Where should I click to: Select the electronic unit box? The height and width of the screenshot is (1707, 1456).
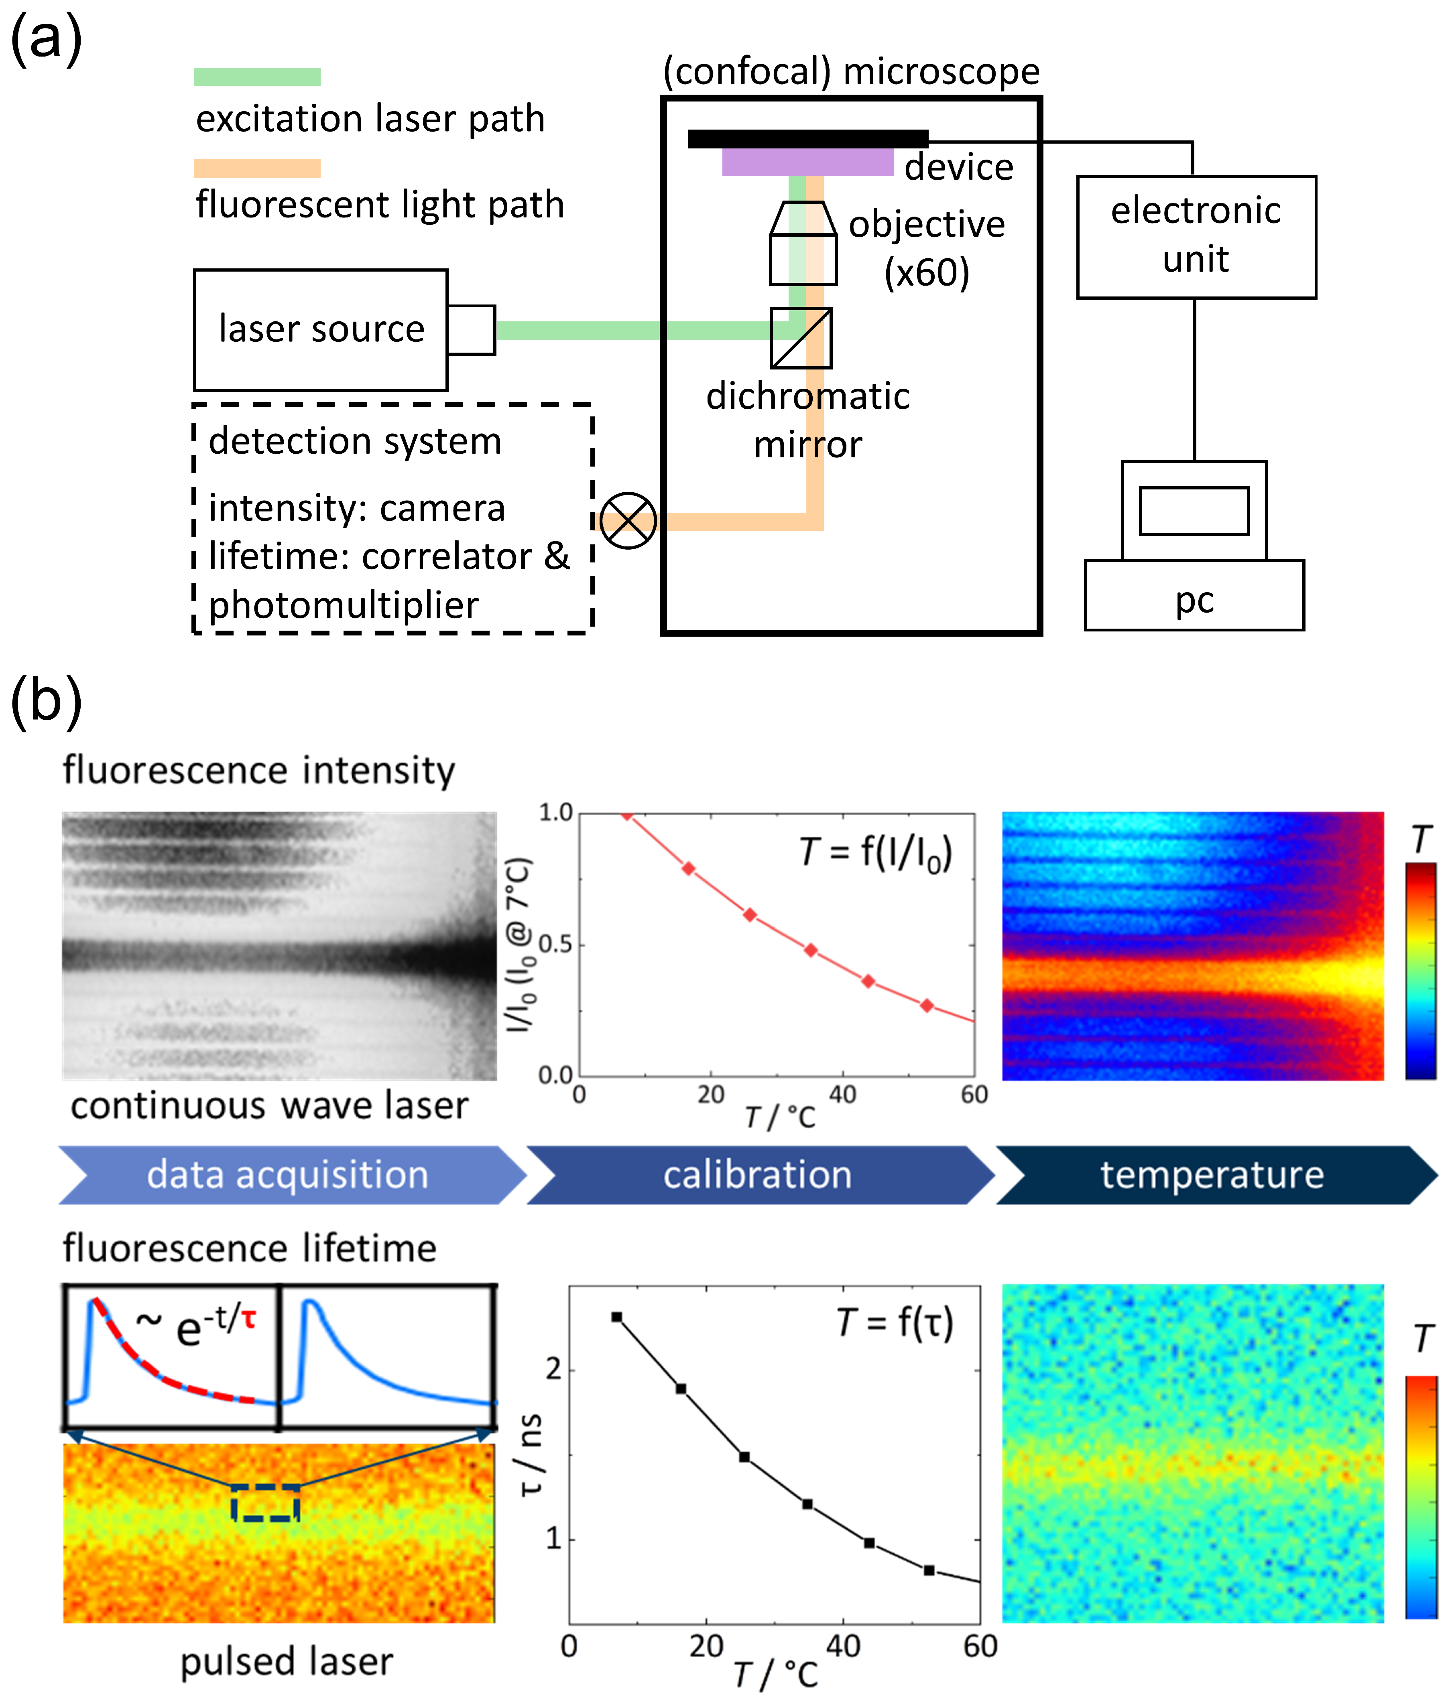(1196, 236)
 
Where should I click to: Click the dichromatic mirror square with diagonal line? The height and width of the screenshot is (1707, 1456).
(801, 338)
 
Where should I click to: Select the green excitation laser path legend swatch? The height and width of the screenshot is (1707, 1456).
(257, 77)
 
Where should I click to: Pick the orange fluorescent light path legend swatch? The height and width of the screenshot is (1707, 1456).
(257, 168)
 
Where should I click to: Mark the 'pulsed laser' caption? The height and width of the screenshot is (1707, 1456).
(287, 1662)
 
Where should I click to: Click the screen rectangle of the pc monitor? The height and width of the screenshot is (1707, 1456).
(1194, 511)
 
